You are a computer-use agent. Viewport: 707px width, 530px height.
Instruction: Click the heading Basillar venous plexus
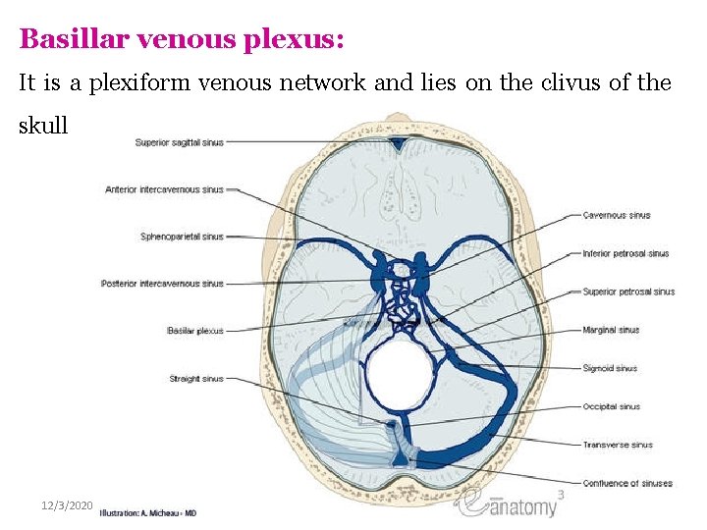pyautogui.click(x=182, y=39)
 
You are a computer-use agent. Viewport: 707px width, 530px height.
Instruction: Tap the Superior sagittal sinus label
pyautogui.click(x=179, y=142)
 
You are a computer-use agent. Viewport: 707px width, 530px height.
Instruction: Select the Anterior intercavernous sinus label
pyautogui.click(x=164, y=189)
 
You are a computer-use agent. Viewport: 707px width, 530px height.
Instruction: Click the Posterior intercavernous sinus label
pyautogui.click(x=162, y=284)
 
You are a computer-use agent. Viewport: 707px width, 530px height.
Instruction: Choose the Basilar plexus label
pyautogui.click(x=195, y=331)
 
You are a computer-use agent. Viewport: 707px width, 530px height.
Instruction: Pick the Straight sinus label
pyautogui.click(x=196, y=378)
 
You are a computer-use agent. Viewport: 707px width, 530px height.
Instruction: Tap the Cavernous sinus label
pyautogui.click(x=616, y=215)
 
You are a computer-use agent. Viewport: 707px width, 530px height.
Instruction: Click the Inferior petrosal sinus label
pyautogui.click(x=625, y=253)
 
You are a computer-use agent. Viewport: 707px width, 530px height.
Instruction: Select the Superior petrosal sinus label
pyautogui.click(x=628, y=291)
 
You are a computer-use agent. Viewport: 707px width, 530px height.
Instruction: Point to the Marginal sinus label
pyautogui.click(x=611, y=330)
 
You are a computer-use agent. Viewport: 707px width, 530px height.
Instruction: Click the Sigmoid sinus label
pyautogui.click(x=610, y=368)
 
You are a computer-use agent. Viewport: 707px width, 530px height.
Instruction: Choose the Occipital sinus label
pyautogui.click(x=611, y=406)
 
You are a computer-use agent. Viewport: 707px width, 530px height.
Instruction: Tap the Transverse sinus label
pyautogui.click(x=617, y=445)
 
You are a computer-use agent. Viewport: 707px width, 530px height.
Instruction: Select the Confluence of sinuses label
pyautogui.click(x=626, y=483)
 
